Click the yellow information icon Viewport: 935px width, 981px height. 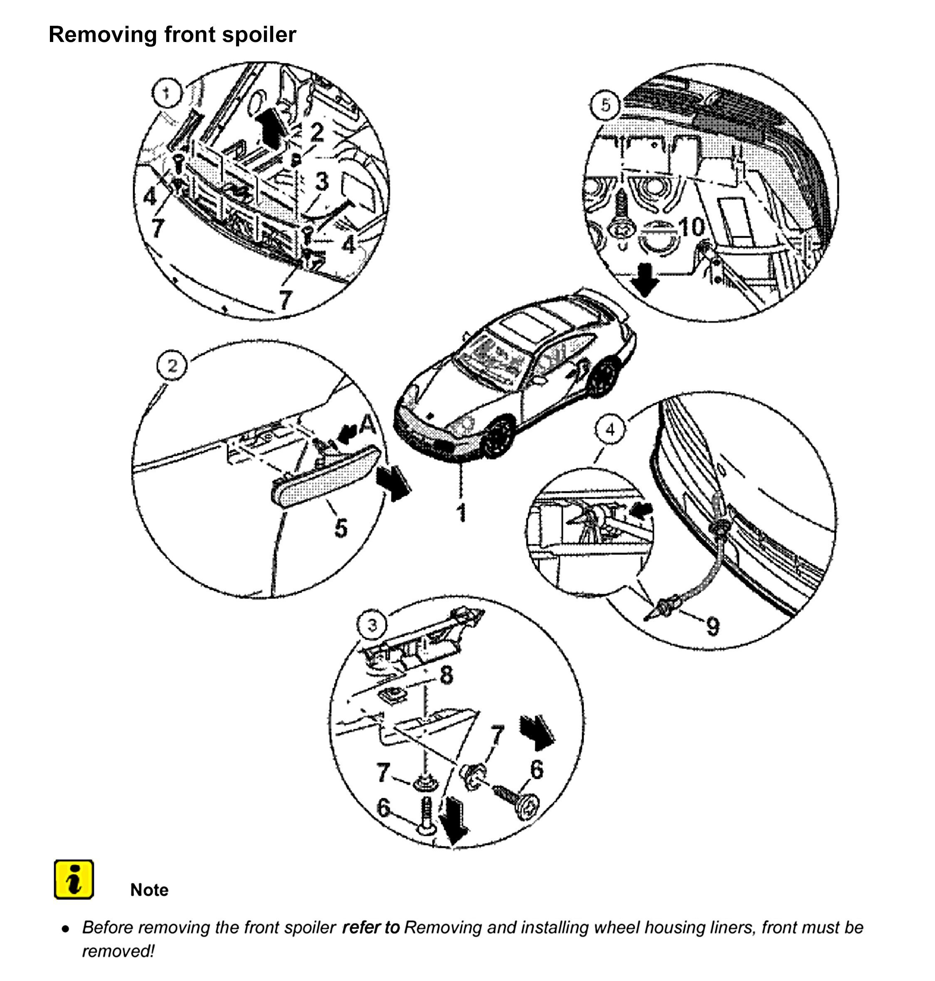(74, 879)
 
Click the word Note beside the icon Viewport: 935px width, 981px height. (149, 890)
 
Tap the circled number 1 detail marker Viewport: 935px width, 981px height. (166, 93)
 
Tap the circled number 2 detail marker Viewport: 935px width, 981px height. (172, 366)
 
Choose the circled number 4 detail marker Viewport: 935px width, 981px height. (611, 429)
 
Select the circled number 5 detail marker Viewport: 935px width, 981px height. (605, 105)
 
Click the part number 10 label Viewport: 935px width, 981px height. (692, 227)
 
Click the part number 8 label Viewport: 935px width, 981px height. (447, 675)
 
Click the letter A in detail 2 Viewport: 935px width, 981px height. (368, 424)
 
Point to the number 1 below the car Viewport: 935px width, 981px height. (461, 512)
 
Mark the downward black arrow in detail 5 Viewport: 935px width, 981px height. (645, 280)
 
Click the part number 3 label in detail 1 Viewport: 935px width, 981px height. (322, 182)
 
